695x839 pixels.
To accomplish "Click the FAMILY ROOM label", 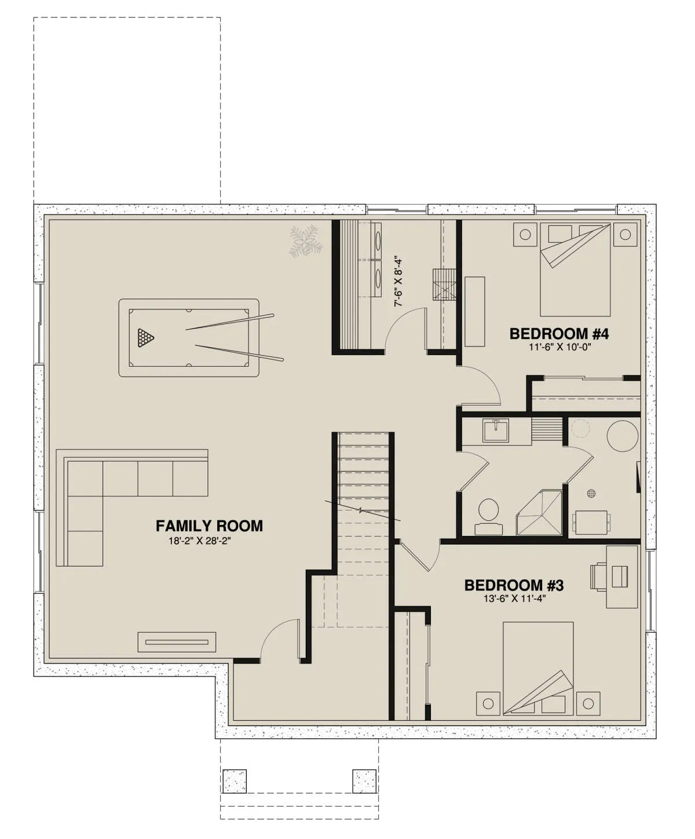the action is pyautogui.click(x=209, y=526).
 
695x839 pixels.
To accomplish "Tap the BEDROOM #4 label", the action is pyautogui.click(x=559, y=334).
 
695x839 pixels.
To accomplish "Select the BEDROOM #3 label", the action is pyautogui.click(x=514, y=585).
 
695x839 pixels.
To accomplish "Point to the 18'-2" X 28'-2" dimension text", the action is pyautogui.click(x=200, y=541).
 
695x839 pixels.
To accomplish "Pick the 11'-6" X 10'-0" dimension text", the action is pyautogui.click(x=559, y=347).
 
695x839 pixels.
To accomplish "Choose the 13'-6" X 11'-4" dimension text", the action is pyautogui.click(x=514, y=599).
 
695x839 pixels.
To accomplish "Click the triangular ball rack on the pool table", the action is pyautogui.click(x=145, y=338).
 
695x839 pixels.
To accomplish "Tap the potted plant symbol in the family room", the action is pyautogui.click(x=305, y=242).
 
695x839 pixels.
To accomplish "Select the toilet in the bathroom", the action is pyautogui.click(x=488, y=516).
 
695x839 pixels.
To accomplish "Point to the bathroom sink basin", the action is pyautogui.click(x=496, y=431).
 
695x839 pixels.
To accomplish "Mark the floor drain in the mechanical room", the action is pyautogui.click(x=591, y=493).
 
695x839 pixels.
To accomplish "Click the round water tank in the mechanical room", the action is pyautogui.click(x=622, y=436).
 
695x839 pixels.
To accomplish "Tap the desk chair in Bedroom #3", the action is pyautogui.click(x=599, y=576).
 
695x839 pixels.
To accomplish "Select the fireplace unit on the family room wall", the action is pyautogui.click(x=177, y=642).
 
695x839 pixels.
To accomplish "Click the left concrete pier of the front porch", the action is pyautogui.click(x=235, y=782).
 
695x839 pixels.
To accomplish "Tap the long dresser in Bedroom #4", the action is pyautogui.click(x=475, y=311).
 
